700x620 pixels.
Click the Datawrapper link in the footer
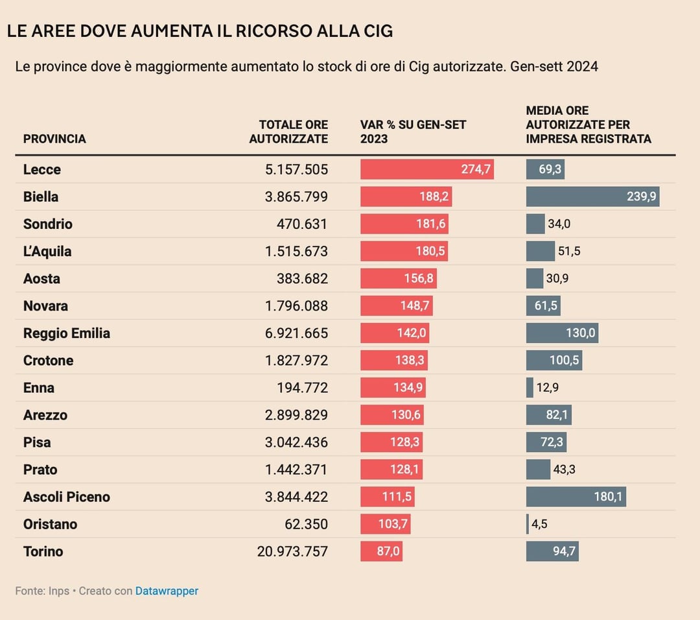tap(167, 591)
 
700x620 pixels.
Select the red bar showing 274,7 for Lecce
tap(427, 169)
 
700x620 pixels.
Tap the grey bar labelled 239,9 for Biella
tap(593, 197)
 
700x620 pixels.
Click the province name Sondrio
tap(48, 224)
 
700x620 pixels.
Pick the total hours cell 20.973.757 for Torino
tap(292, 551)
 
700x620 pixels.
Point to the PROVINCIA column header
tap(54, 139)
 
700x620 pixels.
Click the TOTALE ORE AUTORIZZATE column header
tap(289, 132)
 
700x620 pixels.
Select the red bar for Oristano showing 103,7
tap(386, 524)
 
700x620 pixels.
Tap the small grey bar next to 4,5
tap(528, 524)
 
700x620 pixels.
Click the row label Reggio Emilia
tap(67, 333)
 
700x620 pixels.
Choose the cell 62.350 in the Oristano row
tap(306, 524)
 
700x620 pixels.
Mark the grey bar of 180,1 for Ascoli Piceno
tap(576, 497)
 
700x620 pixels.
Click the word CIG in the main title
tap(378, 31)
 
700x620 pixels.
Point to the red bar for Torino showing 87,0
tap(382, 551)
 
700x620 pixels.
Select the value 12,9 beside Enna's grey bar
tap(547, 387)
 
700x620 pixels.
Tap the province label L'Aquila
tap(47, 251)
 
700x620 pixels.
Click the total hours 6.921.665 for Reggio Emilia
tap(296, 333)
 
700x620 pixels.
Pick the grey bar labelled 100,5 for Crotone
tap(554, 360)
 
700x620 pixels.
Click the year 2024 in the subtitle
tap(582, 67)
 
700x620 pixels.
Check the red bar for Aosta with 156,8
tap(399, 278)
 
